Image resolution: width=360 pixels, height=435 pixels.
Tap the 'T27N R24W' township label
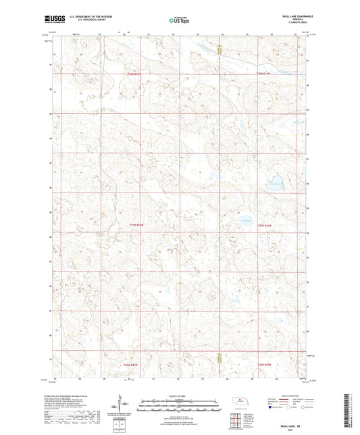tap(262, 225)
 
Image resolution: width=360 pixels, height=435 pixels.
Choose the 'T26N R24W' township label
tap(262, 365)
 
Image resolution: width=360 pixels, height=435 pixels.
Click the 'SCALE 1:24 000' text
tap(179, 396)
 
